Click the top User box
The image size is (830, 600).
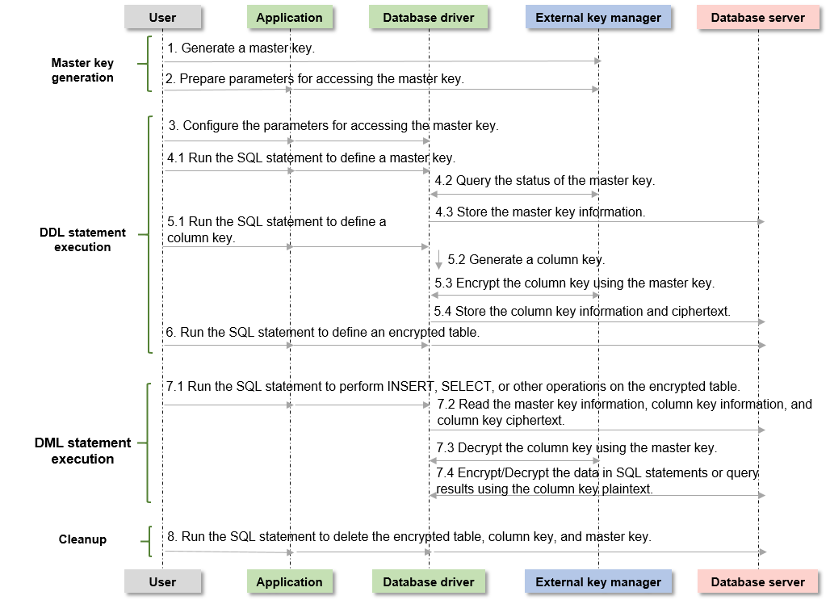click(x=162, y=17)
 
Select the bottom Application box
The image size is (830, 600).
click(x=290, y=581)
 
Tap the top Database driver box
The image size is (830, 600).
click(x=428, y=17)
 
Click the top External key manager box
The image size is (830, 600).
click(x=598, y=17)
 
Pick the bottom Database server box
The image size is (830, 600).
click(x=757, y=581)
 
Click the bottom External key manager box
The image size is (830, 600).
click(x=598, y=581)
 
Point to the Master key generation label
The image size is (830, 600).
click(x=82, y=70)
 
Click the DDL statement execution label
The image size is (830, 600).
click(x=82, y=239)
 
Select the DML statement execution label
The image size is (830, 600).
click(x=82, y=451)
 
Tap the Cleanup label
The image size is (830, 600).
click(x=82, y=539)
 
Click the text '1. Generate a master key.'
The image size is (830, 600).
click(x=241, y=48)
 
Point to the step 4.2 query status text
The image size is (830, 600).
click(x=545, y=181)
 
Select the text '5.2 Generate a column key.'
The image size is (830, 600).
click(x=526, y=259)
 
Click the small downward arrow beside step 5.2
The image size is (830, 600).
click(x=438, y=260)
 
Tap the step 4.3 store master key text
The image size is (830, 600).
click(x=540, y=212)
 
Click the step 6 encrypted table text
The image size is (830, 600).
click(x=322, y=332)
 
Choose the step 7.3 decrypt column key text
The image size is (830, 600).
click(x=576, y=447)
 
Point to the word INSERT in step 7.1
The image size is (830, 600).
click(x=411, y=386)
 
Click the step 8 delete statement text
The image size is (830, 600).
click(x=409, y=536)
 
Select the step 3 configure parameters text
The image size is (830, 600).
click(x=333, y=125)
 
